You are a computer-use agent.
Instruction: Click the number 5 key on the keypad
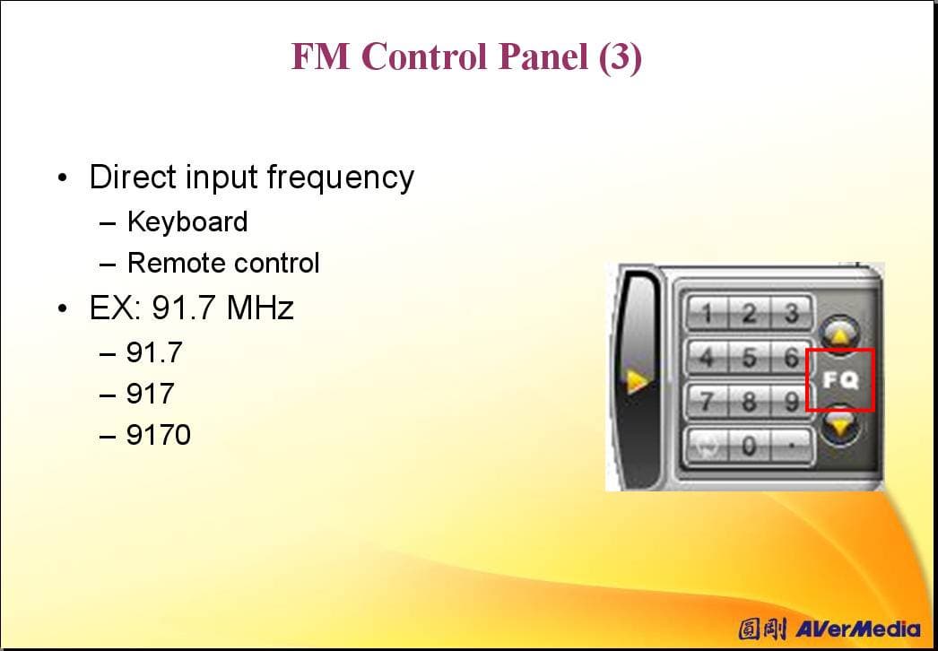749,358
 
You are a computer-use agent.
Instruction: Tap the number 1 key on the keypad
708,313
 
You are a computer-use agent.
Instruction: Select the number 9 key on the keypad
792,401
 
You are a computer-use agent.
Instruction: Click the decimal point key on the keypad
792,446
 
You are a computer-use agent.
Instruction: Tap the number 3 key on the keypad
792,313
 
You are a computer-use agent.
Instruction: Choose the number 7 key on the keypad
708,401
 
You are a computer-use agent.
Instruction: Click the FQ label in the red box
840,380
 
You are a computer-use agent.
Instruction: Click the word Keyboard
187,222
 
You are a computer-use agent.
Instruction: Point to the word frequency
341,178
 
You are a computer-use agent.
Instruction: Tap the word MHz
260,308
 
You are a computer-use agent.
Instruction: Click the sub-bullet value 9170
159,434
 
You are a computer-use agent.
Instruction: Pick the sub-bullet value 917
150,393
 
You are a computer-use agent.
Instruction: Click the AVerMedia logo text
858,629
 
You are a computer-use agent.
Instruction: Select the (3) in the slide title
620,56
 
